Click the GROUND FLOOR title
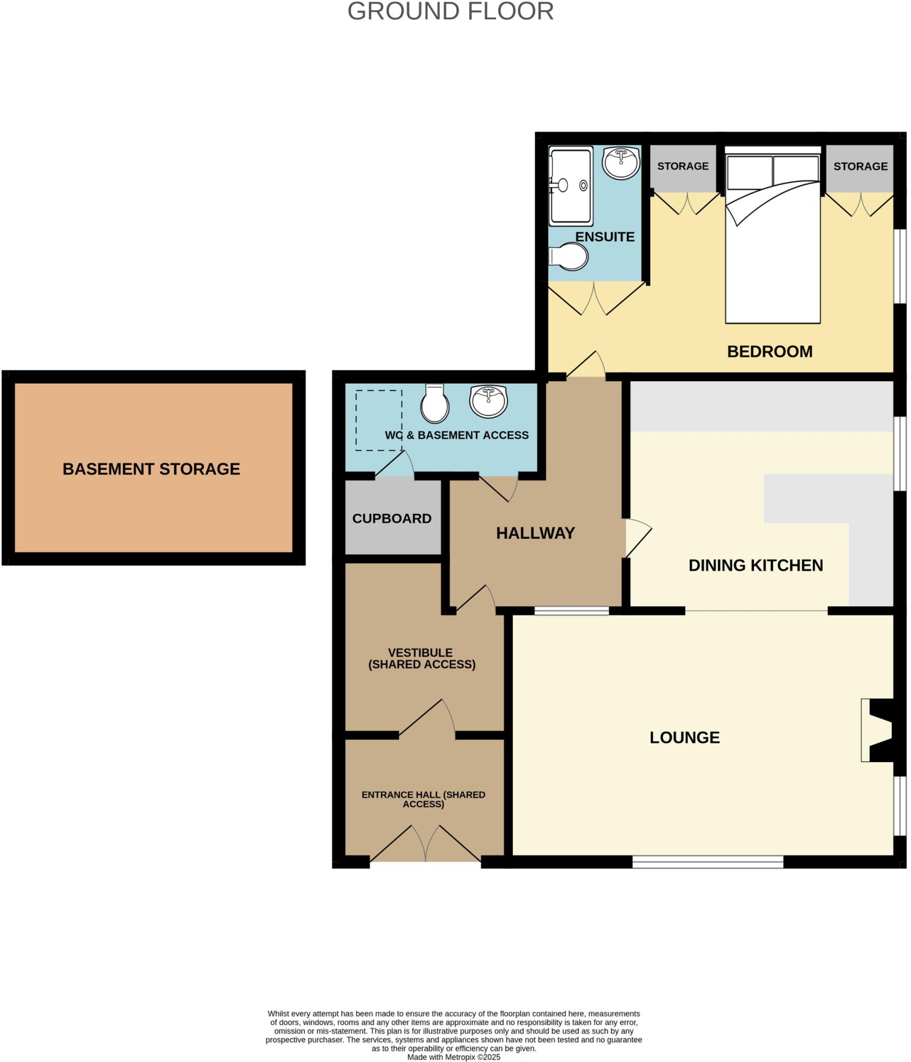click(x=450, y=11)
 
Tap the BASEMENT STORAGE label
click(x=151, y=469)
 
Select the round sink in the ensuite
click(x=620, y=163)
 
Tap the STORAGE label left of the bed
click(x=682, y=166)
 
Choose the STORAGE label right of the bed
click(x=860, y=166)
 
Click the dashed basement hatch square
click(x=379, y=420)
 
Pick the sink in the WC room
click(x=488, y=401)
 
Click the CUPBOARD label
click(x=391, y=519)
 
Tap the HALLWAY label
click(x=535, y=533)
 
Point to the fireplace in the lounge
click(x=878, y=731)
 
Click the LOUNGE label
click(x=684, y=737)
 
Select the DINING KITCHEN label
click(x=755, y=565)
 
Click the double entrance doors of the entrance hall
click(x=425, y=844)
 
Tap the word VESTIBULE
click(x=420, y=653)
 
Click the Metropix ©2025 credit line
click(x=454, y=1057)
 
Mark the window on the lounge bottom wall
click(x=707, y=861)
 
